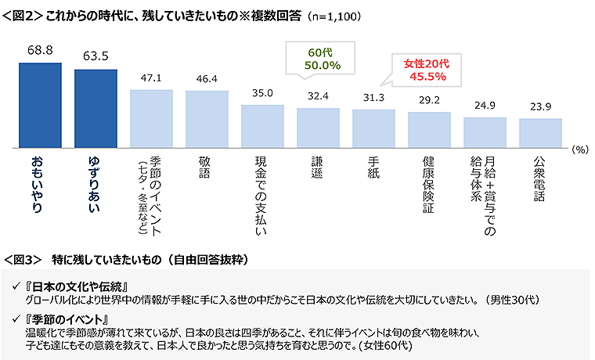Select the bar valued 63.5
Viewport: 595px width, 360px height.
point(95,109)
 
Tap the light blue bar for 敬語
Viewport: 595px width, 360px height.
point(207,119)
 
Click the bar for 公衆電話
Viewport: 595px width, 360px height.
point(540,133)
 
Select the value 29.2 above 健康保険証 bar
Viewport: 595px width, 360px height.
point(429,101)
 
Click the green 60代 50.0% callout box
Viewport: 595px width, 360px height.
point(318,58)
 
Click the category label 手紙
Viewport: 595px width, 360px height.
point(374,167)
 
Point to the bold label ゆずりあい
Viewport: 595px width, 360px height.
point(95,183)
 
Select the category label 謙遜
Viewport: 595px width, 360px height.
point(318,167)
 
